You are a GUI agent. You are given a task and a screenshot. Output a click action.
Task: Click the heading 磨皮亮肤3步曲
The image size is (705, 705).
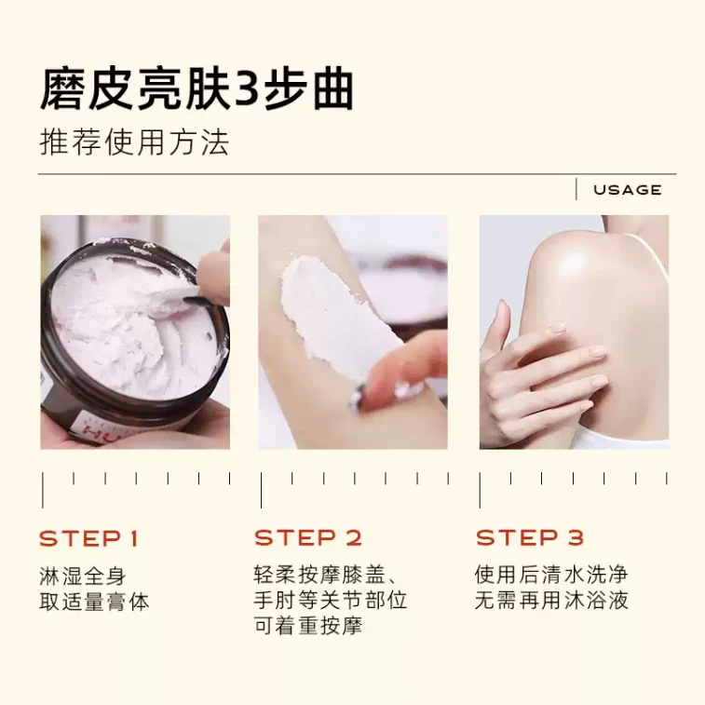tap(197, 89)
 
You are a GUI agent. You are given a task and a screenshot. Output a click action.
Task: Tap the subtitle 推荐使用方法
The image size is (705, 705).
tap(134, 143)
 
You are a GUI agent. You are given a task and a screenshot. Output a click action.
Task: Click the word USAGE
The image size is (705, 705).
tap(627, 190)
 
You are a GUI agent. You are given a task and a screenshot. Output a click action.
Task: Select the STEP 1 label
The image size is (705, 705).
tap(88, 538)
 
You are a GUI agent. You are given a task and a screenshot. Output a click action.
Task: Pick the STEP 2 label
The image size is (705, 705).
tap(308, 537)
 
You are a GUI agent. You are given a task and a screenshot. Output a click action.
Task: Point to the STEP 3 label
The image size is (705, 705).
tap(530, 537)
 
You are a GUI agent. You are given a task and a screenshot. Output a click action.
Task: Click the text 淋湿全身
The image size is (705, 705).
tap(82, 576)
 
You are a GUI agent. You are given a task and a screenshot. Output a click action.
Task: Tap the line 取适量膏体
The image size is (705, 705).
tap(94, 602)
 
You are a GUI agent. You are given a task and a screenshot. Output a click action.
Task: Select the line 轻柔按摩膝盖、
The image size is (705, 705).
tap(325, 575)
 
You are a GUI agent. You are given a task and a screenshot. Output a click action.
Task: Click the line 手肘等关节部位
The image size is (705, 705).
tap(331, 600)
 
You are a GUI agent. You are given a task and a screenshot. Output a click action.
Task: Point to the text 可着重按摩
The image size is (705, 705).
tap(308, 626)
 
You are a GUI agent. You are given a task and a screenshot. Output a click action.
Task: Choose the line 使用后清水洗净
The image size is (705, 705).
tap(551, 575)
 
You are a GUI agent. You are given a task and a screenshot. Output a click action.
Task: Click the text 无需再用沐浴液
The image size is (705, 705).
tap(551, 600)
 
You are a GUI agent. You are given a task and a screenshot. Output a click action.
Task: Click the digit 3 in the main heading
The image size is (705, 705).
tap(246, 90)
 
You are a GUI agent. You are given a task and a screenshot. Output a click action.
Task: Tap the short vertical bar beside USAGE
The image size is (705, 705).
tap(576, 189)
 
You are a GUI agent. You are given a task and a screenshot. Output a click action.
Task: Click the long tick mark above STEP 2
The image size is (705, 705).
tap(261, 490)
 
